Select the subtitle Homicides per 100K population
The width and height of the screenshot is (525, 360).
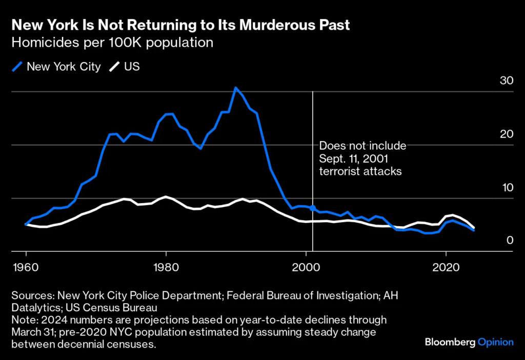[112, 43]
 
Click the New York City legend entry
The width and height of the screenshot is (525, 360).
[57, 67]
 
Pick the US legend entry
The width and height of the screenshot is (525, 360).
[126, 67]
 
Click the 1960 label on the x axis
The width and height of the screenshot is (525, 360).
[26, 268]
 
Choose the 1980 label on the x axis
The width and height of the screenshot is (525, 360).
[166, 268]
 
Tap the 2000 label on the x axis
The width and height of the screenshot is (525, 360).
[306, 268]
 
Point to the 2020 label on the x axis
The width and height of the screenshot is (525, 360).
[446, 268]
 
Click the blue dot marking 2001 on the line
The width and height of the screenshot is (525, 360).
[313, 208]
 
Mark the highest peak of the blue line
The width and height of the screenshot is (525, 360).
[235, 88]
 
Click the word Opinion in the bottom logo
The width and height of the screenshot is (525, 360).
[496, 342]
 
